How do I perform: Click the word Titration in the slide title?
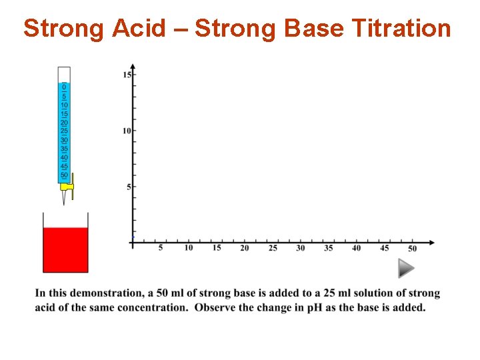pyautogui.click(x=401, y=29)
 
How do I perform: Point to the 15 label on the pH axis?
pyautogui.click(x=127, y=75)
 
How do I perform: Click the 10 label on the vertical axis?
pyautogui.click(x=127, y=131)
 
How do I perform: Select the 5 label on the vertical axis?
pyautogui.click(x=129, y=187)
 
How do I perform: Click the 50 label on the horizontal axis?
pyautogui.click(x=412, y=249)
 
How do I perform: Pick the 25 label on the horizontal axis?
pyautogui.click(x=273, y=249)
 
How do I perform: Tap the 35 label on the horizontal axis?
pyautogui.click(x=329, y=249)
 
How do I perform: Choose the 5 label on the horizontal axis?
pyautogui.click(x=161, y=248)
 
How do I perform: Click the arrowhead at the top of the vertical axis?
pyautogui.click(x=133, y=67)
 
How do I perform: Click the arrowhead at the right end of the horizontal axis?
pyautogui.click(x=432, y=242)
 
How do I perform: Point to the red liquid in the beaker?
pyautogui.click(x=65, y=250)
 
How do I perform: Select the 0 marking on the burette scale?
pyautogui.click(x=64, y=87)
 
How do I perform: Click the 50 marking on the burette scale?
pyautogui.click(x=64, y=175)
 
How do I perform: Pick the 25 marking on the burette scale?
pyautogui.click(x=64, y=131)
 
